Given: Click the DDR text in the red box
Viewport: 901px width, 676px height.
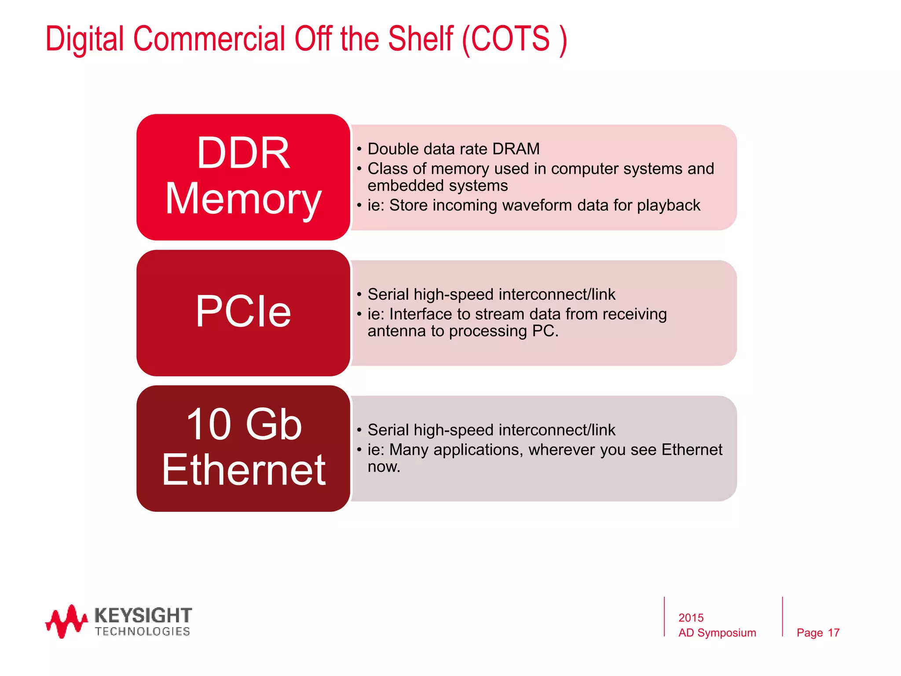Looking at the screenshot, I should (x=243, y=153).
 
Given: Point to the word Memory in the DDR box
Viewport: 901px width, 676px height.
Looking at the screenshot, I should (x=243, y=199).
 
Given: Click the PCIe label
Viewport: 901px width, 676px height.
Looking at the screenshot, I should (x=243, y=312).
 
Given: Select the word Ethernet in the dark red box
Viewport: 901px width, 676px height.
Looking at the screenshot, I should (x=244, y=470).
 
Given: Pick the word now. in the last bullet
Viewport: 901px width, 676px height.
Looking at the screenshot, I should (x=384, y=467).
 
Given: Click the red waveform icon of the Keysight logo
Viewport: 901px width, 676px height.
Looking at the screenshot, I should (x=66, y=621).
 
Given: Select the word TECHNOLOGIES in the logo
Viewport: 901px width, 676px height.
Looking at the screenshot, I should (x=143, y=632).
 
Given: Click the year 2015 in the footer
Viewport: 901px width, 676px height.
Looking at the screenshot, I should (x=691, y=618).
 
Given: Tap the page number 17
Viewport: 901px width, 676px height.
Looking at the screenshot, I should (x=833, y=633).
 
